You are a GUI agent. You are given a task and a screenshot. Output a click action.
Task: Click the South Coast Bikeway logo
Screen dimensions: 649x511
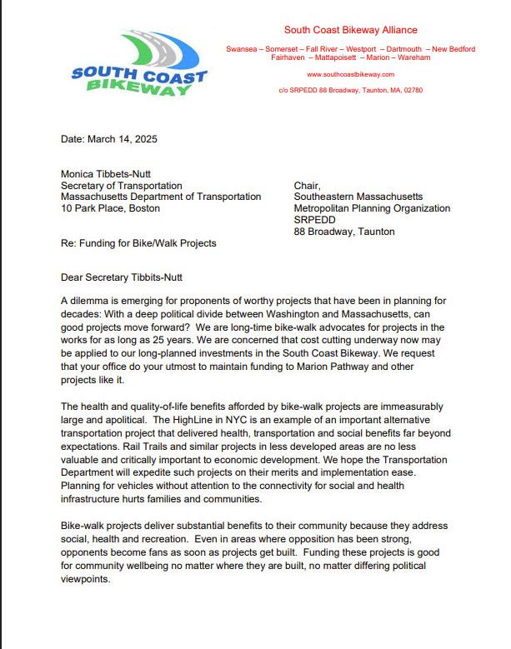[x=138, y=65]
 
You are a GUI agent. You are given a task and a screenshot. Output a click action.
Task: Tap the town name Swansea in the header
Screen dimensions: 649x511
[x=243, y=49]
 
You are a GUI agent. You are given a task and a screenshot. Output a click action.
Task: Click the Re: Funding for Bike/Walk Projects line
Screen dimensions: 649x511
[x=138, y=243]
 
